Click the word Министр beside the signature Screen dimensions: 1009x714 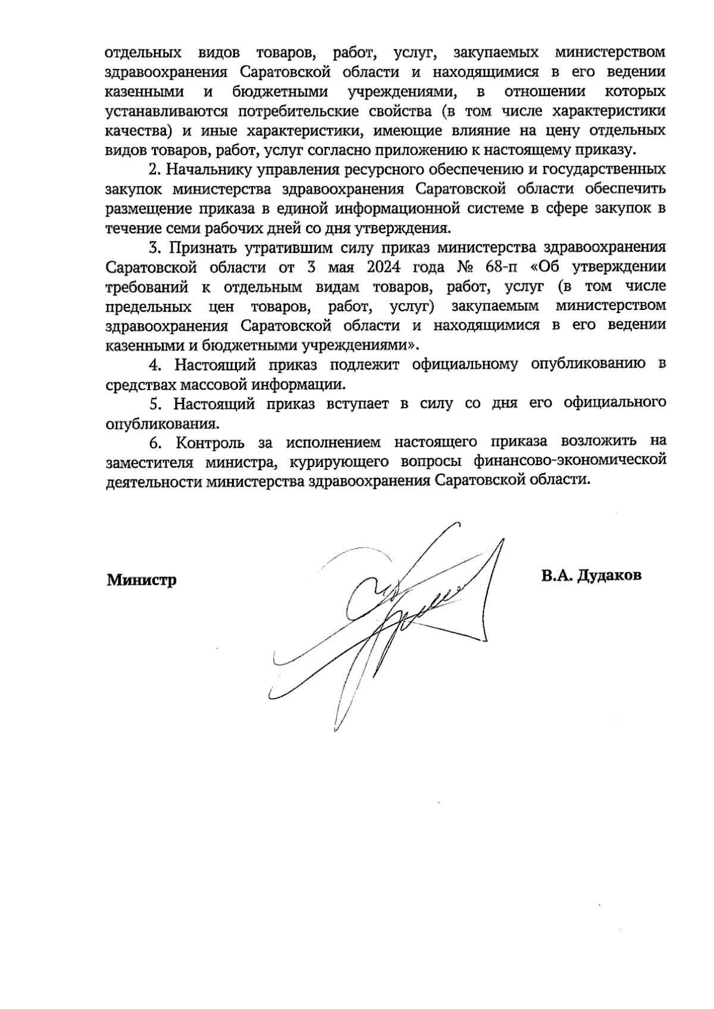(142, 579)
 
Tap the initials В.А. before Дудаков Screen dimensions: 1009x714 (556, 576)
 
